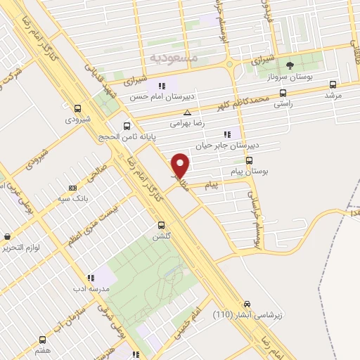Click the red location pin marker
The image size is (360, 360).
coord(180,165)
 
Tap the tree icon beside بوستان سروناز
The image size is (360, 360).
coord(290,65)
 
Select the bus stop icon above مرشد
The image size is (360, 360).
coord(333,84)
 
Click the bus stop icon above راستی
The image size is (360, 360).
coord(283,93)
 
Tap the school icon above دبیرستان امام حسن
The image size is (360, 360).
coord(164,85)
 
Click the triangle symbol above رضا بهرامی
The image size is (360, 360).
coord(187,112)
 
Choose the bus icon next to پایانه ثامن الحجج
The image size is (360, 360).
coord(127,127)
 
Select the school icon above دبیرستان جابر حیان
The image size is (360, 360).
coord(226,134)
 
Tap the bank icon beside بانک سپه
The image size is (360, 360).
coord(73,188)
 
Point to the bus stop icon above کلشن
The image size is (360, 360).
coord(162,226)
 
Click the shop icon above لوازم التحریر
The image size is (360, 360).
coord(7,237)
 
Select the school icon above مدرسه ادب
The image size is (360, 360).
coord(89,278)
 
